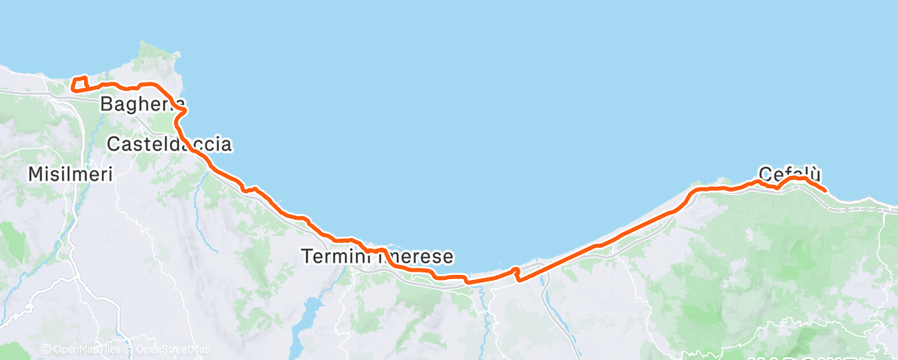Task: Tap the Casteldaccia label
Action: [x=170, y=144]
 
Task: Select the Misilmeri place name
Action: [x=69, y=174]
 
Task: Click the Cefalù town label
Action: [x=790, y=174]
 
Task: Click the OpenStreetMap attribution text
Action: [x=170, y=349]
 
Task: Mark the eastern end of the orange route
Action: [x=825, y=190]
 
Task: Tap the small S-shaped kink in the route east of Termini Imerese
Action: [x=517, y=273]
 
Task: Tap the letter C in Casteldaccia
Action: [x=116, y=144]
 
